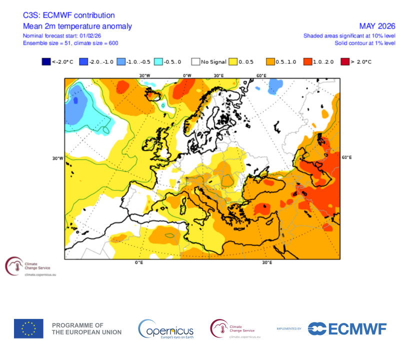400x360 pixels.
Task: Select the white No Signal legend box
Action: (196, 62)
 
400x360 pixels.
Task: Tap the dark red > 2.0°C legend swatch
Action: (345, 62)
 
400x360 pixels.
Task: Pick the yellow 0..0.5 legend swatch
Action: (233, 62)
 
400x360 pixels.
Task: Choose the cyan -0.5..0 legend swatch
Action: (158, 62)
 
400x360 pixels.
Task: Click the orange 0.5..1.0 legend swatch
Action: (270, 62)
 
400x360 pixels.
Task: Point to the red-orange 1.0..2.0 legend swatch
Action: (307, 62)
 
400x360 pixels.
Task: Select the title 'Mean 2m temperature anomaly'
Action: (77, 26)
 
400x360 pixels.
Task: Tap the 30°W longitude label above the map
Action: (144, 75)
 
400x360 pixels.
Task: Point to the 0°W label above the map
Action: (186, 75)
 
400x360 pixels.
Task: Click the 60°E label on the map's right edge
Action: (346, 157)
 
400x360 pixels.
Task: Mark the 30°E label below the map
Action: (266, 262)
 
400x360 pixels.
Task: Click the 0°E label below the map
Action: (139, 262)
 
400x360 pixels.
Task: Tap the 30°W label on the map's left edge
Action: (57, 158)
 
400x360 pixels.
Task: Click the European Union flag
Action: (28, 328)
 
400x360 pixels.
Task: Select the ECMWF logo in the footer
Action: (347, 328)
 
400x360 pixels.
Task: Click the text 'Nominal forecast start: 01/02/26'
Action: (62, 36)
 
